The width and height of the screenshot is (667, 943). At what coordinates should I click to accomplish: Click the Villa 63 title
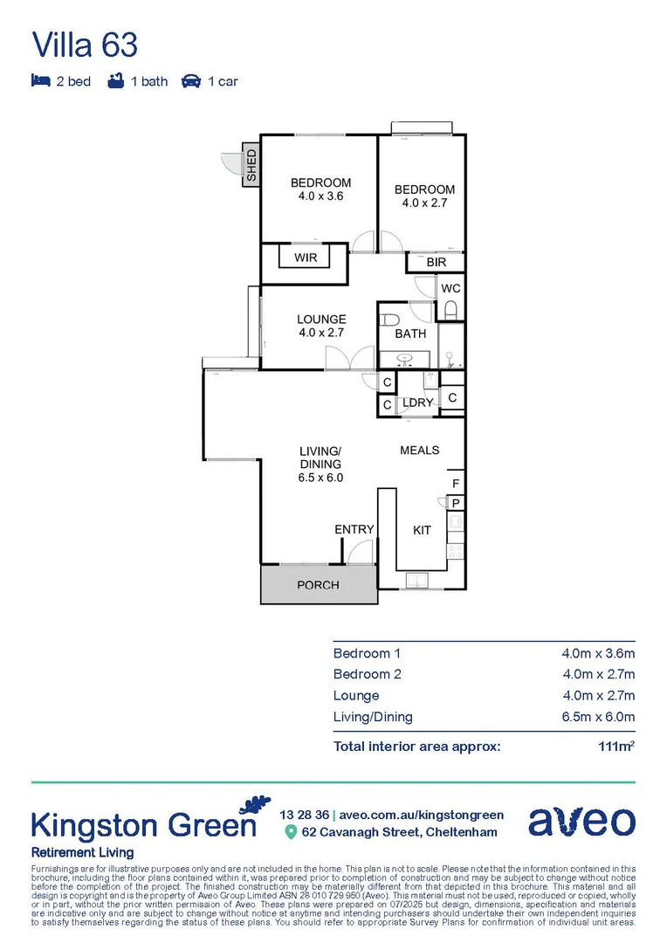coord(85,44)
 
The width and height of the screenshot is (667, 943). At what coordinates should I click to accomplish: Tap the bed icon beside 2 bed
coord(40,81)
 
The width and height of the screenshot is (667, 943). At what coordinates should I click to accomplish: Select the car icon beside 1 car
coord(191,81)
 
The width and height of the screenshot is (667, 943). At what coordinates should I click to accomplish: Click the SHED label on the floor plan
coord(251,166)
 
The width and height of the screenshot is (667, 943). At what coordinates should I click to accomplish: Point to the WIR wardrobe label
coord(306,258)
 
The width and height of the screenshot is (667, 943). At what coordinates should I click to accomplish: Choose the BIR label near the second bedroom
coord(437,262)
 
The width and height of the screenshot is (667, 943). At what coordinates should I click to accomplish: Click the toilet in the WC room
coord(450,309)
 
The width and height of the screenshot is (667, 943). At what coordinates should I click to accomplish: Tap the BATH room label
coord(410,334)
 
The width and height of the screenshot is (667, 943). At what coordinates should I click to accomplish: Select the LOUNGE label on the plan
coord(321,320)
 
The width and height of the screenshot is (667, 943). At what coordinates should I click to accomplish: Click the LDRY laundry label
coord(418,403)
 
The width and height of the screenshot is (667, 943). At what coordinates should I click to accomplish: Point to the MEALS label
coord(419,451)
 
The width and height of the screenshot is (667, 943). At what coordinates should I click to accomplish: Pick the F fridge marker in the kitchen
coord(455,484)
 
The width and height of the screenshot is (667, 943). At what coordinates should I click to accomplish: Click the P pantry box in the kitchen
coord(456,503)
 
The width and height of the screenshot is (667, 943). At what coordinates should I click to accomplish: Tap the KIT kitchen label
coord(422,530)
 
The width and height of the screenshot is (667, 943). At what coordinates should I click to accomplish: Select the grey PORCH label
coord(318,585)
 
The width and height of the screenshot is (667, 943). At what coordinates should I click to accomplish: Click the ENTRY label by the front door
coord(354,530)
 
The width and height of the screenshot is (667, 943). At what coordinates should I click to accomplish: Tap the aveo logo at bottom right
coord(581,822)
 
